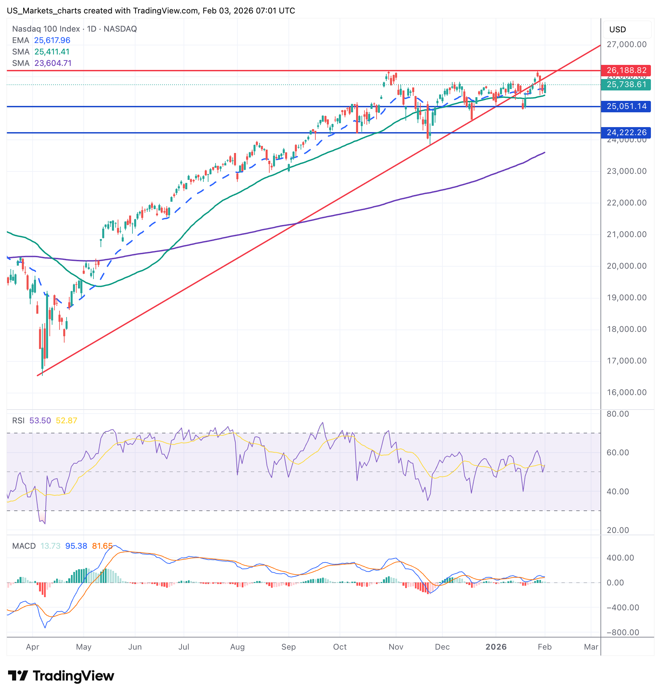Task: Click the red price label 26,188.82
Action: [x=626, y=71]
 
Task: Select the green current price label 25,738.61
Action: [x=626, y=85]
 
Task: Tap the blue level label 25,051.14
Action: [x=626, y=107]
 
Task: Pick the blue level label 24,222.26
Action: [x=626, y=132]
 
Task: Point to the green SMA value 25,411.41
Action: [x=52, y=52]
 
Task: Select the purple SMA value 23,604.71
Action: [x=53, y=64]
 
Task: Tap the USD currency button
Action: [x=617, y=30]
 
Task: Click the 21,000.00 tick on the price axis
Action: [x=626, y=234]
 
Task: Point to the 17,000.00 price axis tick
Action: [x=626, y=361]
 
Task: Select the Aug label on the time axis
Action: [x=237, y=647]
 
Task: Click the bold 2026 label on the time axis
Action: [x=496, y=647]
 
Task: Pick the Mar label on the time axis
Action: [x=591, y=647]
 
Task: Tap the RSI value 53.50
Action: [x=40, y=421]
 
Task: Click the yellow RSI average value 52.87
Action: [x=66, y=421]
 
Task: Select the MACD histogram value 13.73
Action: [x=50, y=546]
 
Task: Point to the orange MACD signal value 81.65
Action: [x=102, y=546]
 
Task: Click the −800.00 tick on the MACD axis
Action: [x=623, y=632]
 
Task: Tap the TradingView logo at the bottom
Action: [x=61, y=676]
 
